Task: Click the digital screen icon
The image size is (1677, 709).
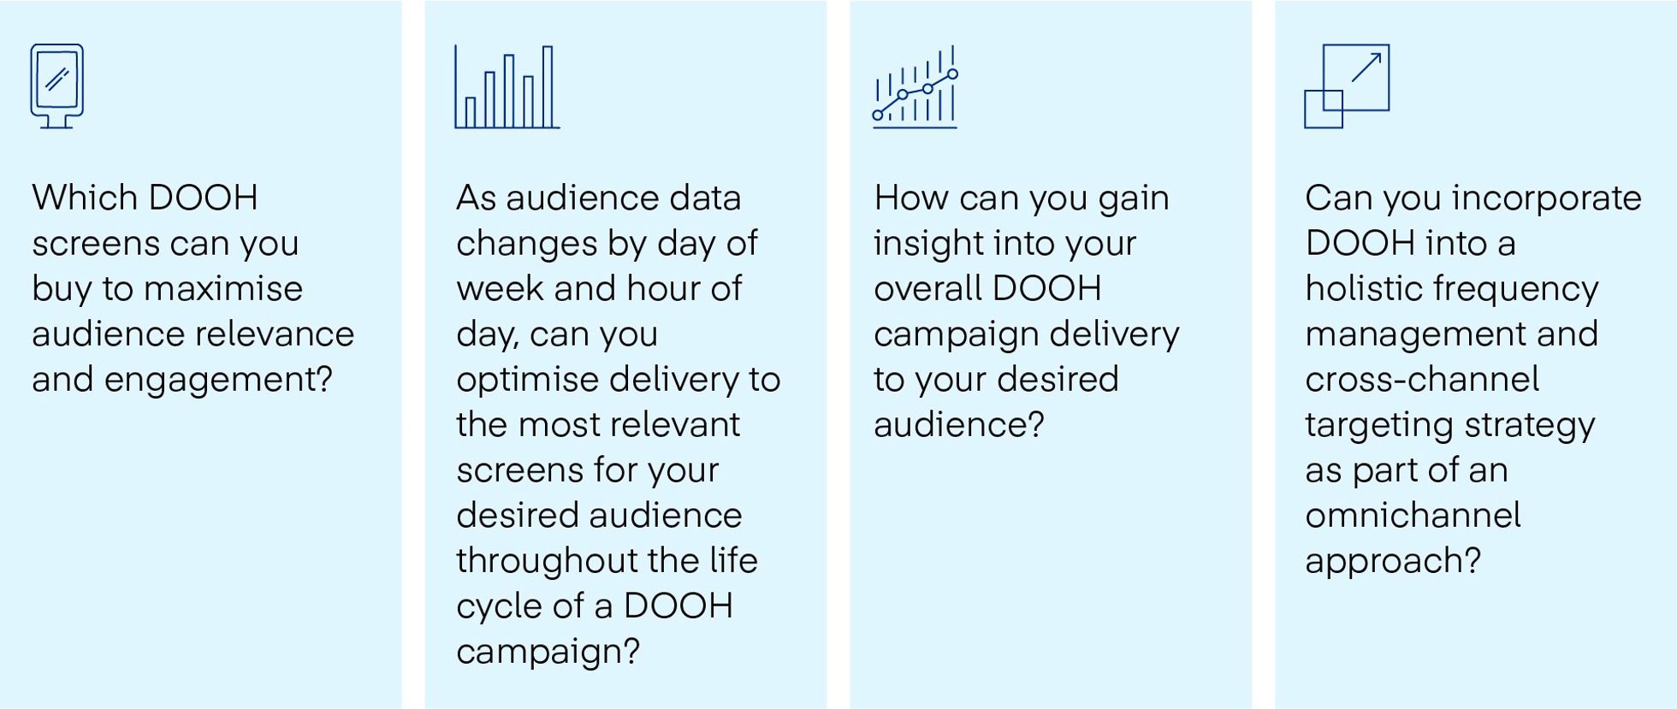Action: [x=56, y=86]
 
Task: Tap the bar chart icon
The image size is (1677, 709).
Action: [x=507, y=87]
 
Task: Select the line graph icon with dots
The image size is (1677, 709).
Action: [x=915, y=87]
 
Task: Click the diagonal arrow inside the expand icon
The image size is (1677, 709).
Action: [x=1366, y=67]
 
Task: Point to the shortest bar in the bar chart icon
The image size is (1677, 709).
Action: [x=470, y=112]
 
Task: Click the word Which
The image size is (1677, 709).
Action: [x=84, y=198]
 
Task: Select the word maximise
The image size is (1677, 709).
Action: [x=222, y=288]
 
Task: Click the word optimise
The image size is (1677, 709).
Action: [x=527, y=380]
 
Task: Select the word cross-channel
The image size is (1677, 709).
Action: [x=1422, y=379]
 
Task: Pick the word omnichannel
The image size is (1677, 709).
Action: [x=1413, y=515]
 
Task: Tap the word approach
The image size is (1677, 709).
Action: [x=1387, y=561]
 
